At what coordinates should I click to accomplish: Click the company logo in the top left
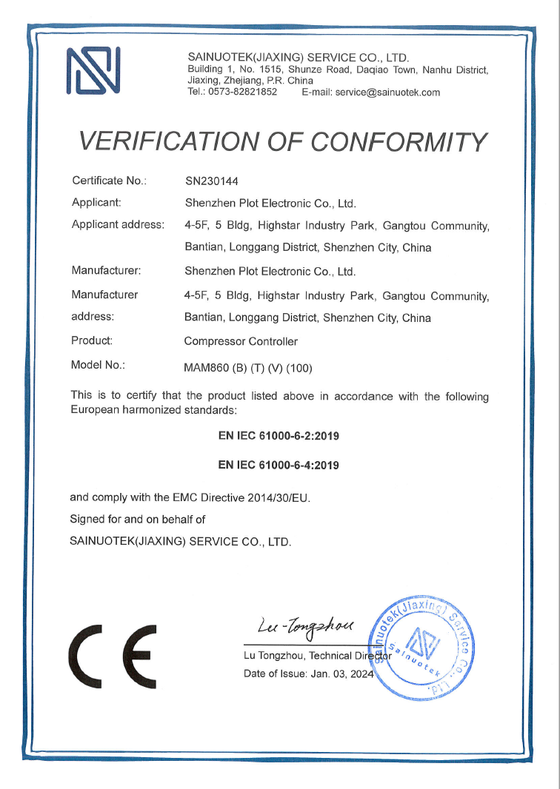93,71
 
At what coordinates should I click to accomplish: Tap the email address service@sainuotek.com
387,93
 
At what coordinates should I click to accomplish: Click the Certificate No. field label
110,181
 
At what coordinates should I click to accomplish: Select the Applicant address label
118,224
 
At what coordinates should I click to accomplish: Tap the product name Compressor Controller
241,341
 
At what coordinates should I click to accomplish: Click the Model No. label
98,365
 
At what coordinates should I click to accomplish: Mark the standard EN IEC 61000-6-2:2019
279,436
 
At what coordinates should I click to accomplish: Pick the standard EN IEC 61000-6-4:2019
279,466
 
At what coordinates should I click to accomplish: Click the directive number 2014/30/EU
278,497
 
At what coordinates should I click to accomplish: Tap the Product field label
92,340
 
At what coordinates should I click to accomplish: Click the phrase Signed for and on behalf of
137,519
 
